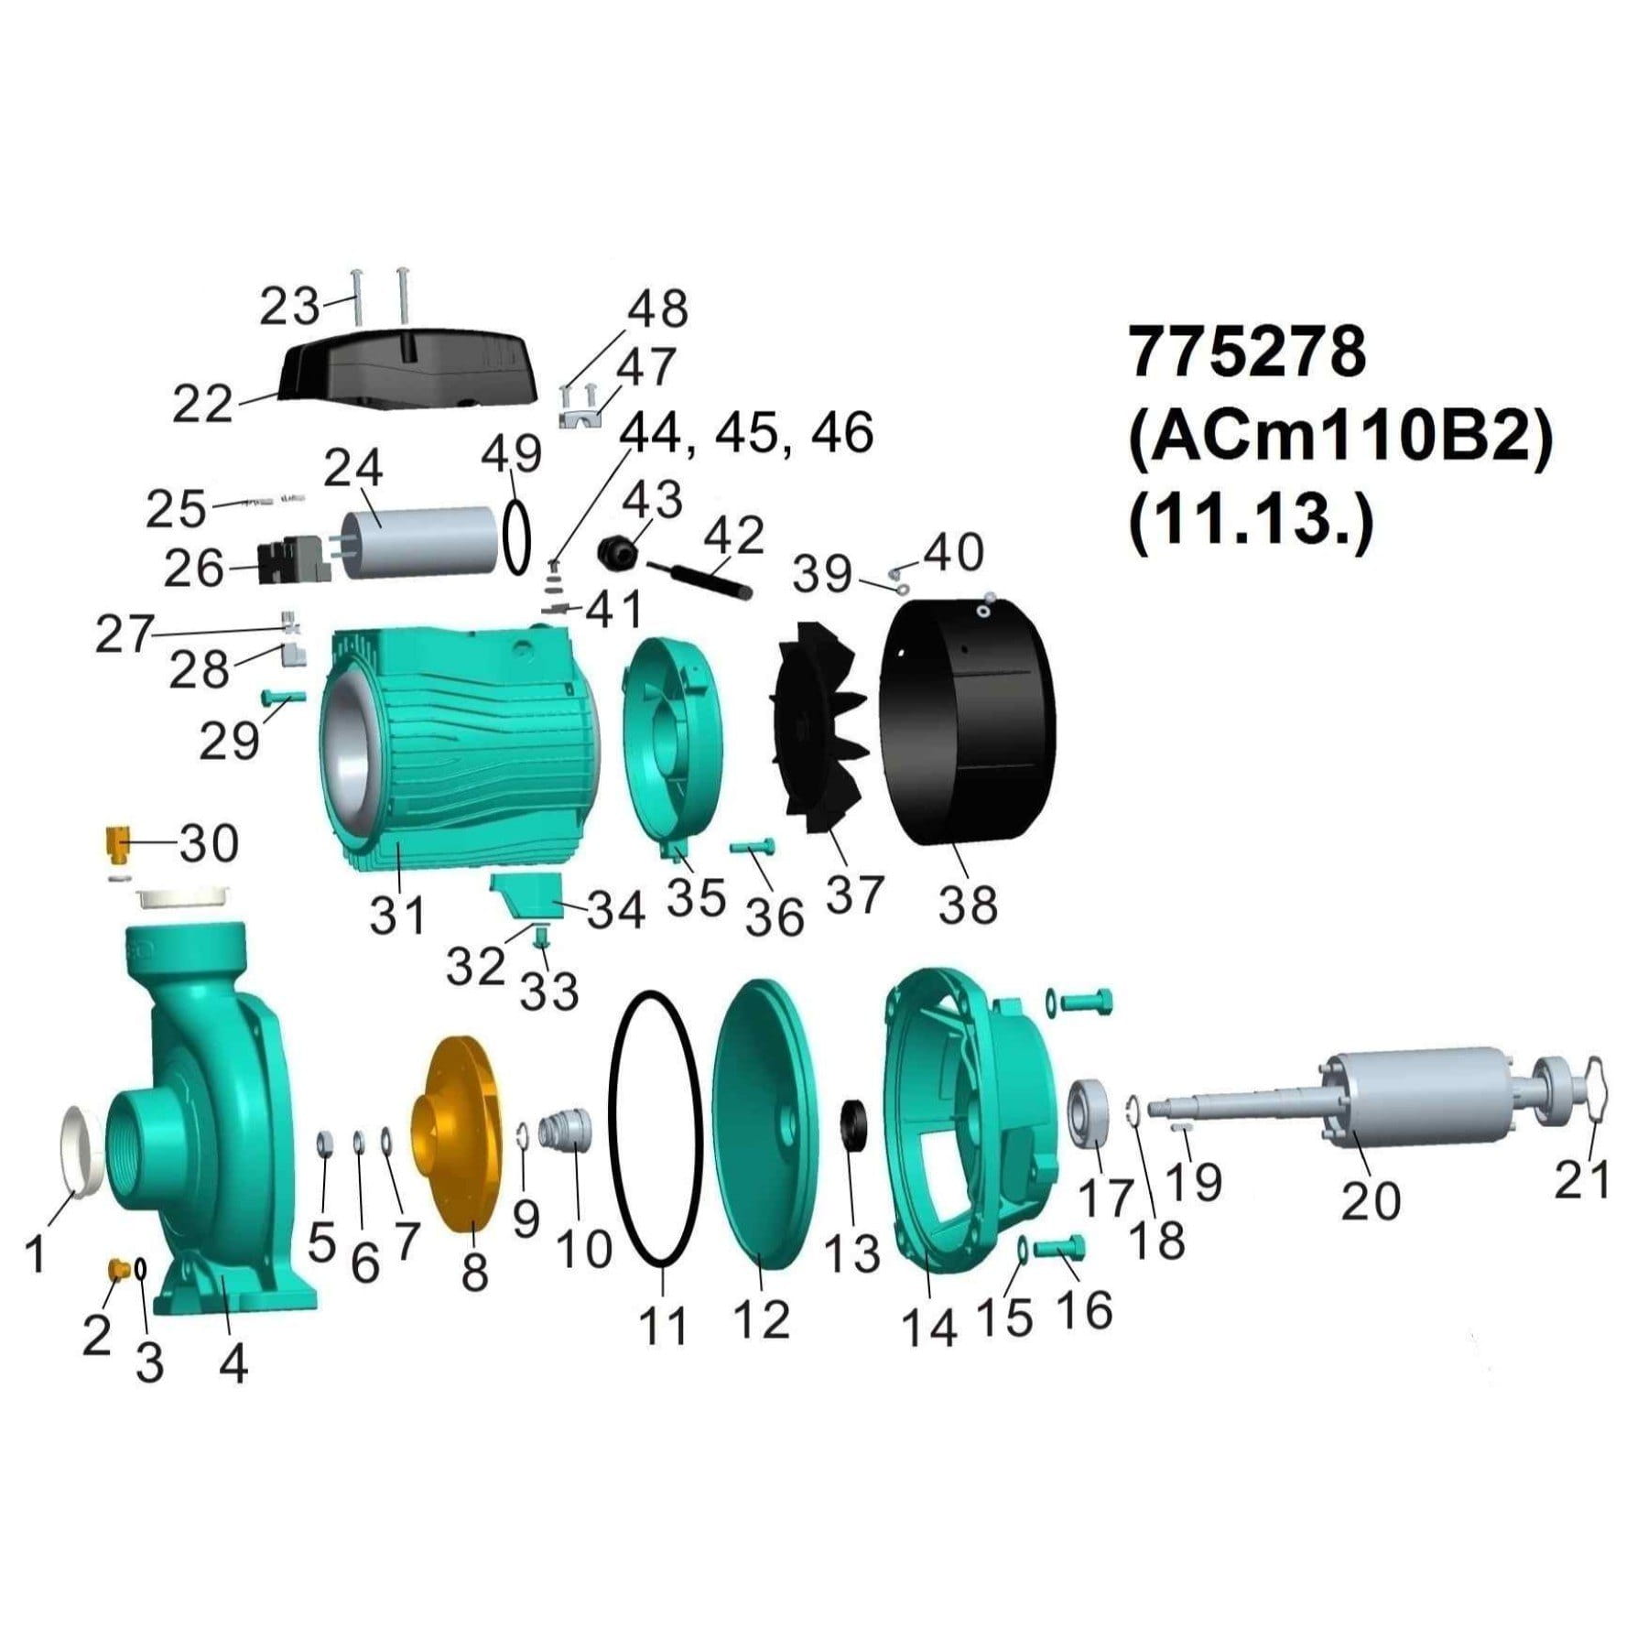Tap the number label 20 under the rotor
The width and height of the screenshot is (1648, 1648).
(1371, 1200)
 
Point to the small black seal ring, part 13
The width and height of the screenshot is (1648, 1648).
(857, 1124)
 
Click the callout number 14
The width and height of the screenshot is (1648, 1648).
(928, 1329)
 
